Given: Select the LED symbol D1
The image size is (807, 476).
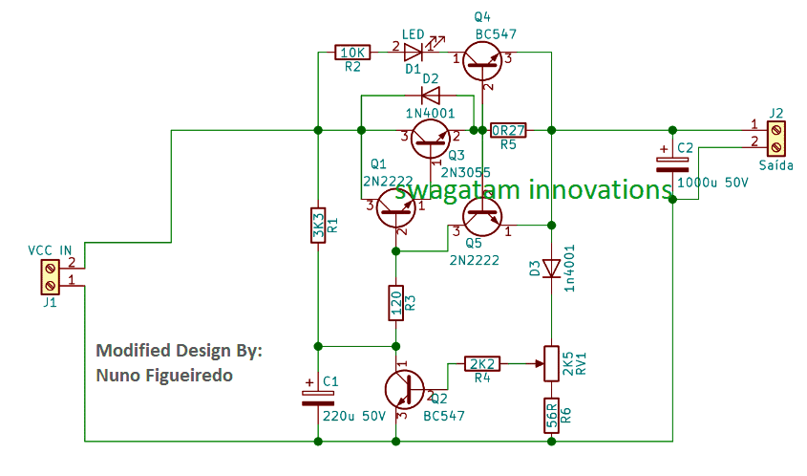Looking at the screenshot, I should point(414,52).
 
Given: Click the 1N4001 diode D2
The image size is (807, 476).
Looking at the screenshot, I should point(430,96).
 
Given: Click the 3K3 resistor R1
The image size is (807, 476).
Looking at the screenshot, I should point(319,226).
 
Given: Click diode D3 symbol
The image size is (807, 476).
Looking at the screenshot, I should point(551,269).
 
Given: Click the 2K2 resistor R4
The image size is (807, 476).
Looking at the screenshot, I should point(482,363).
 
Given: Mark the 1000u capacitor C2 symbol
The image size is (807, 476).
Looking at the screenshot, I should point(672,161).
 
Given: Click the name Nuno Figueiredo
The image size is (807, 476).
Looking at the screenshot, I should point(164,376).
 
